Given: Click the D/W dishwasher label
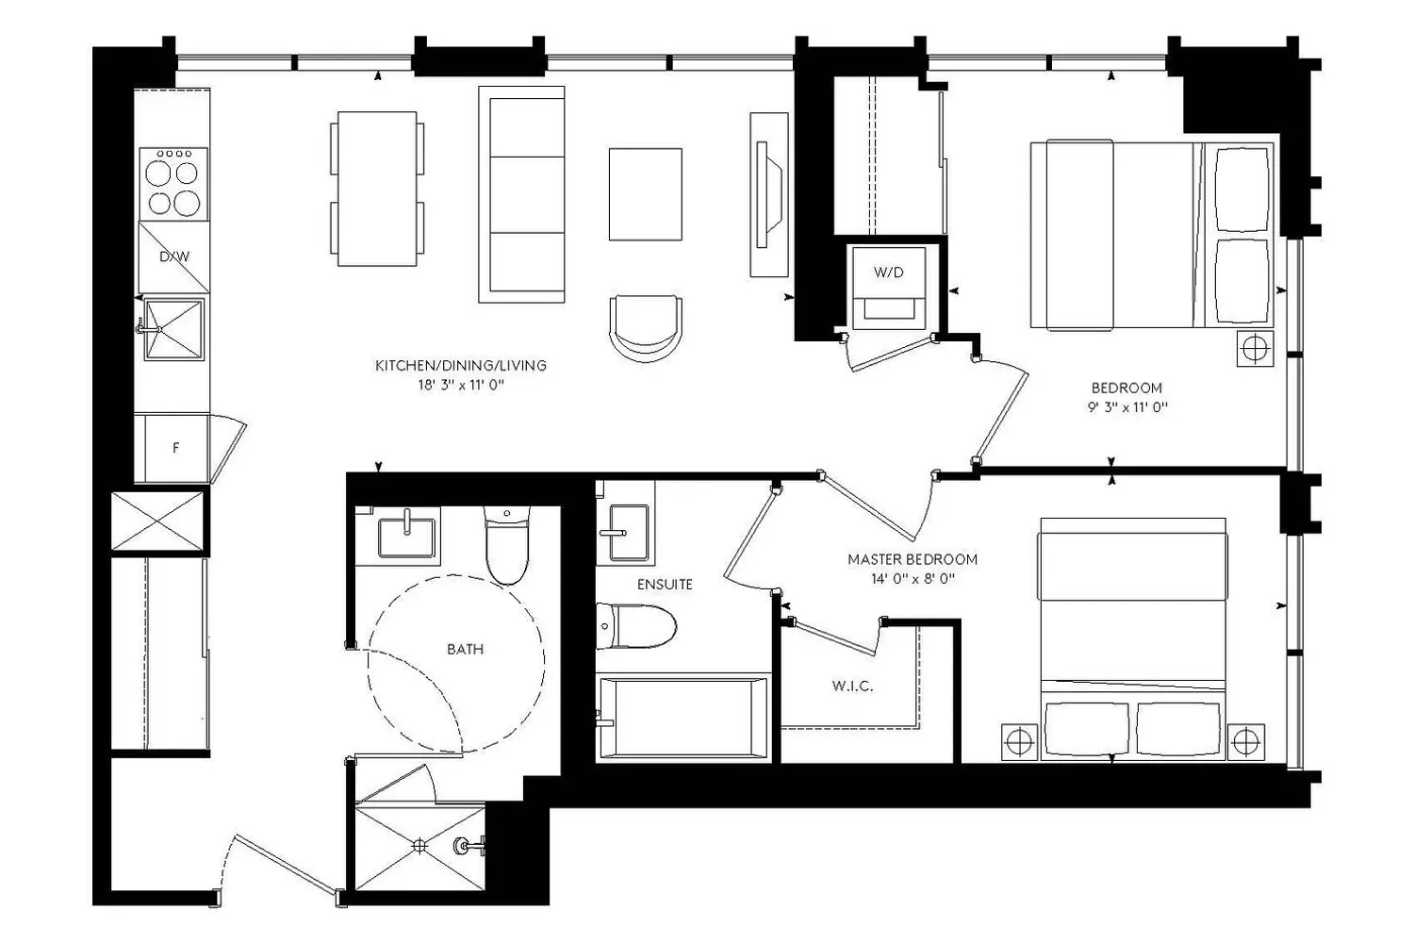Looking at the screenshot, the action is point(174,256).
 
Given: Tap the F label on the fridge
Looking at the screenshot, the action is point(176,448).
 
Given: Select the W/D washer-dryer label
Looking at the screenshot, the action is point(889,273).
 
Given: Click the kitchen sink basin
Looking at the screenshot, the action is point(174,329).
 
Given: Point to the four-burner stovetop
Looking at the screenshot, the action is point(173,184).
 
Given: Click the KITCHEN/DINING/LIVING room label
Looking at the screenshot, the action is point(461,365).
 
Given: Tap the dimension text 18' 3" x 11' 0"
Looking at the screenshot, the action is point(462,386).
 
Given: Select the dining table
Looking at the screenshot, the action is point(377,189).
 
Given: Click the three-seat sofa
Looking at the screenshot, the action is point(521,194).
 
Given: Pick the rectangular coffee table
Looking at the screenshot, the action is point(645,194).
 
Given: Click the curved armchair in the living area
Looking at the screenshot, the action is point(645,328).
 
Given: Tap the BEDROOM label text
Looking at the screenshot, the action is point(1126,388).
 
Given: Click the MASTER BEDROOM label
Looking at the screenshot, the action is point(913,559).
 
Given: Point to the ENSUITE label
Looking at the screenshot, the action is point(665,585).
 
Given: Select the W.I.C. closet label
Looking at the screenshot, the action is point(853,686).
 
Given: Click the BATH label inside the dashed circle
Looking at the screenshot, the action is point(466,650).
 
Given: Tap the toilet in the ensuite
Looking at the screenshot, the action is point(636,626).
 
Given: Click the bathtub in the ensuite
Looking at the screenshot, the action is point(683,718).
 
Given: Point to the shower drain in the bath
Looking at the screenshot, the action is point(419,845).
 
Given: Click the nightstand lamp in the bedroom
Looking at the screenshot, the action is point(1255,348).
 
